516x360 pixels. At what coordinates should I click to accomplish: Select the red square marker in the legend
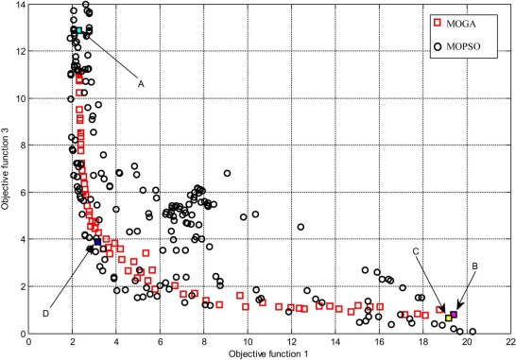[438, 20]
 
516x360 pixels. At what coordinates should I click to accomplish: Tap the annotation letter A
[141, 84]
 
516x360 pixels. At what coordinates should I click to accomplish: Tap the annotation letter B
[474, 266]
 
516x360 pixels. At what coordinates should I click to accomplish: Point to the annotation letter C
[418, 277]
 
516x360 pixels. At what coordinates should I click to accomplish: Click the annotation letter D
[45, 313]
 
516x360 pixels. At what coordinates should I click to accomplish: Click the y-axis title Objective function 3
[7, 170]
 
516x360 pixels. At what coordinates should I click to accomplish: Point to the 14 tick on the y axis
[18, 6]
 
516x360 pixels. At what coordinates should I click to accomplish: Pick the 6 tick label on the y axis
[21, 193]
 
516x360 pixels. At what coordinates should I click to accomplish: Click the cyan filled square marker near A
[75, 30]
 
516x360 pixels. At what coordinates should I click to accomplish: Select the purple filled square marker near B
[454, 314]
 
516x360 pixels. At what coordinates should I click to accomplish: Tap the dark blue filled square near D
[96, 242]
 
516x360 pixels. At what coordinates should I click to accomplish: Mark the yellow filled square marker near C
[449, 317]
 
